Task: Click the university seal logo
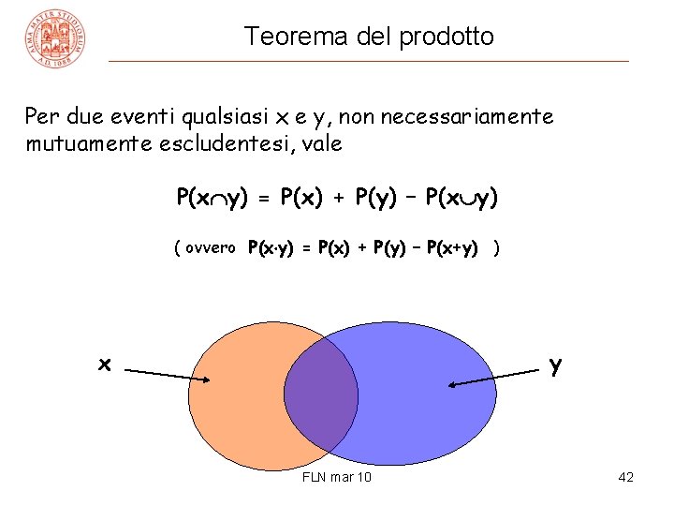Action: click(58, 38)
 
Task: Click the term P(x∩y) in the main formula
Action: click(212, 199)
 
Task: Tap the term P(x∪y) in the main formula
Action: click(462, 199)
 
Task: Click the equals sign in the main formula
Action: click(263, 200)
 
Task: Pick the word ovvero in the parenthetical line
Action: click(210, 248)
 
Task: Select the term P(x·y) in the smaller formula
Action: click(270, 248)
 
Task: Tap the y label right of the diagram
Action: click(556, 365)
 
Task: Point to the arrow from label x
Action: click(168, 376)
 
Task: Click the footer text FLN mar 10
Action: click(337, 478)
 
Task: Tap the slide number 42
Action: click(626, 478)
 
